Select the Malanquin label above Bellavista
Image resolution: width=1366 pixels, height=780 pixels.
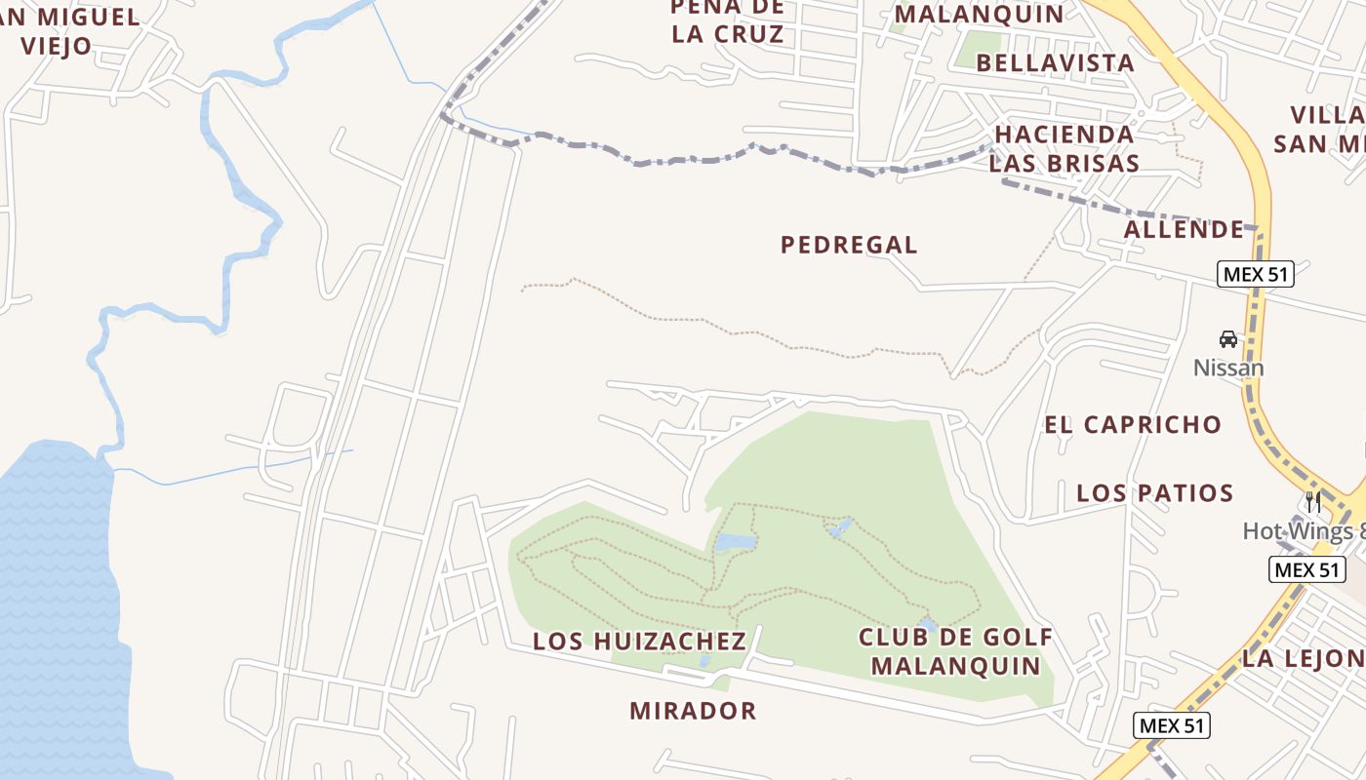coord(979,14)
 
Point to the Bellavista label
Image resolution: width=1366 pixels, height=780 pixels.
coord(1055,63)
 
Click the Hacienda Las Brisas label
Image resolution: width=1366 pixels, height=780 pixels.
coord(1065,148)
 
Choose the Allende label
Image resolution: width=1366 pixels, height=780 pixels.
coord(1185,230)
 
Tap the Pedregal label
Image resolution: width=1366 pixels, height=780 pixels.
coord(849,246)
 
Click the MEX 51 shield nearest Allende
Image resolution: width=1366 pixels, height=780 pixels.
coord(1257,274)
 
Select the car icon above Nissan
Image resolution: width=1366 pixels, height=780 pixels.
coord(1228,339)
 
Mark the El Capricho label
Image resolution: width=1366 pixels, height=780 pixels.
coord(1133,425)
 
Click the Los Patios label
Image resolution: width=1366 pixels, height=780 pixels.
coord(1155,493)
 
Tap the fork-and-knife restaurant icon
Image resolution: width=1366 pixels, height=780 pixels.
coord(1313,502)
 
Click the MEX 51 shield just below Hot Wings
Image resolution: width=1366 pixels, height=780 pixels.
coord(1307,569)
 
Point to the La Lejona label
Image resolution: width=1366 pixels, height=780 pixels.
coord(1303,659)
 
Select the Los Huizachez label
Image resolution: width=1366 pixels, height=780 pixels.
coord(639,642)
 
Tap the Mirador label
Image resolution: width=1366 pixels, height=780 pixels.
coord(693,711)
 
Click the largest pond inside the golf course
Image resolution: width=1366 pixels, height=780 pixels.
coord(736,542)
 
